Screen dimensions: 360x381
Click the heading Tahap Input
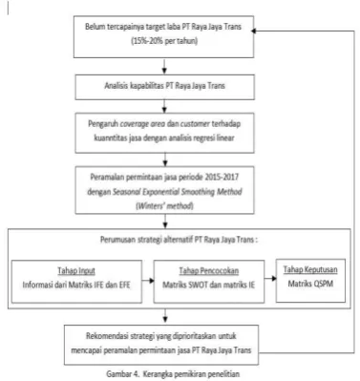point(76,271)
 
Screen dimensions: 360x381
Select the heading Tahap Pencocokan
point(209,271)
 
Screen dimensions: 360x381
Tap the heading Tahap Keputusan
point(310,269)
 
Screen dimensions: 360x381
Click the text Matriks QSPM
point(310,284)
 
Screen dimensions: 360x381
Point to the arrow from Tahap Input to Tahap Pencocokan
point(148,281)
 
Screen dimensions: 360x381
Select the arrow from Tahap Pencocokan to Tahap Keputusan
point(270,279)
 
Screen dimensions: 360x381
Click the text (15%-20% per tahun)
point(164,41)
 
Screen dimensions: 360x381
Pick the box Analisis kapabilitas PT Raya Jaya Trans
point(164,87)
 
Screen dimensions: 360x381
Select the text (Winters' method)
point(164,206)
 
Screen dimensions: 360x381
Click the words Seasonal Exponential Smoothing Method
point(178,192)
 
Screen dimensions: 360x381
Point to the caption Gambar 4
point(123,373)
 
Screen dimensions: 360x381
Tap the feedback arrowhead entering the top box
point(253,31)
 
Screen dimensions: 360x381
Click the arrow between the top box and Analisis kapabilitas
point(164,66)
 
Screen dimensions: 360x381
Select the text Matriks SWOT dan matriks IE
point(209,285)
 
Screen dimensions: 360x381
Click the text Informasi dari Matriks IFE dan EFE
point(76,285)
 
